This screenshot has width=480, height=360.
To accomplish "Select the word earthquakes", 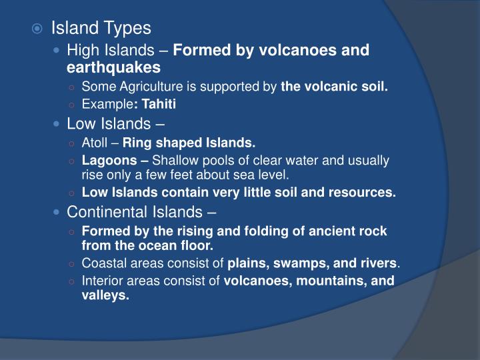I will [x=113, y=68].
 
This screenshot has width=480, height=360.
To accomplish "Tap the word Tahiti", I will [x=159, y=104].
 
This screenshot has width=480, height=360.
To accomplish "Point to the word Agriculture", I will [x=143, y=86].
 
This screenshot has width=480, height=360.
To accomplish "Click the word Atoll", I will [x=95, y=141].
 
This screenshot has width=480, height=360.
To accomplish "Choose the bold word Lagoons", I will [x=105, y=160].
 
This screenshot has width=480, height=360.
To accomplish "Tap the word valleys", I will [x=105, y=295].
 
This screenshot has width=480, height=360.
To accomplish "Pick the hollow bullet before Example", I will [x=72, y=105].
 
